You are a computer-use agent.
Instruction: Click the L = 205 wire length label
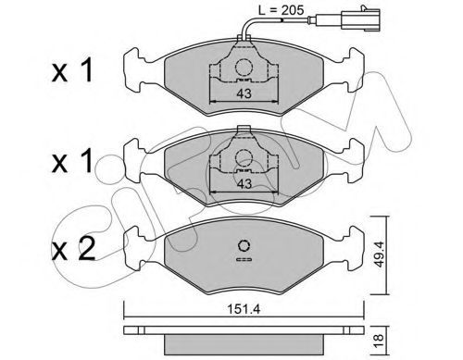pos(281,10)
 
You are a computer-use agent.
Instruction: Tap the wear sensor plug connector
pos(360,19)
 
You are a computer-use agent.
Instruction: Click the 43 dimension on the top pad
pos(244,93)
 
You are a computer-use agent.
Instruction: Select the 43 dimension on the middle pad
pos(244,184)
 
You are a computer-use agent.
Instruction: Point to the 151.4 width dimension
pos(244,308)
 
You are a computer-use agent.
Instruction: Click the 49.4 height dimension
pos(379,254)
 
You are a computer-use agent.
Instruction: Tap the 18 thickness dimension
pos(379,340)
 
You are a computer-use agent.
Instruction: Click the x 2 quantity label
pos(73,249)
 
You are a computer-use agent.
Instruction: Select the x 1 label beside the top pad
pos(72,71)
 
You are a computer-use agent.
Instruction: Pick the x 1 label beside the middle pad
pos(72,161)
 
